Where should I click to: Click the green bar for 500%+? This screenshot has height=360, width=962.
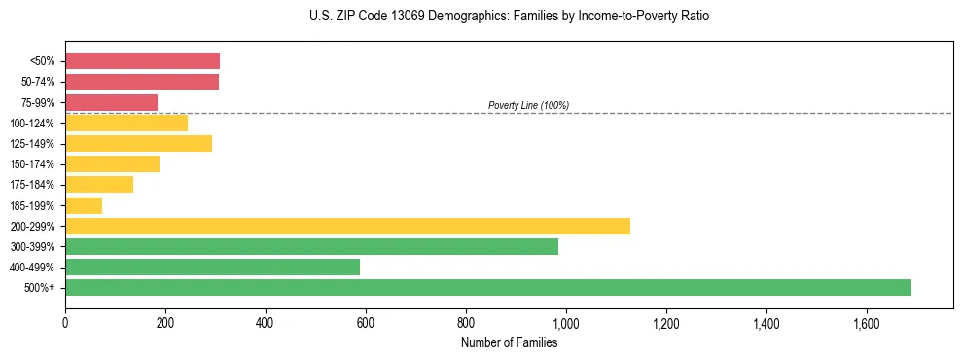(x=487, y=287)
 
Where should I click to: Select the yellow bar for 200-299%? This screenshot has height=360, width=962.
(x=347, y=226)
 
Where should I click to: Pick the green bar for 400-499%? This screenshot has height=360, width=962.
(x=212, y=267)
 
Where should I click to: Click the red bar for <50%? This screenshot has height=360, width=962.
(x=142, y=61)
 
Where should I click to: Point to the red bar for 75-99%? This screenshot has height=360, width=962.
(x=111, y=102)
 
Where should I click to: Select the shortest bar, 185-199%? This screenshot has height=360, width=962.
(x=84, y=205)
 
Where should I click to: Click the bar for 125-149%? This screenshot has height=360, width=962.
(x=138, y=144)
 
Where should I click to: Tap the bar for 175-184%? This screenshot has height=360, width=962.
(x=99, y=185)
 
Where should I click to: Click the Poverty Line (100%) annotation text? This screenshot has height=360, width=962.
(x=528, y=105)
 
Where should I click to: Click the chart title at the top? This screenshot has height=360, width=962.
(x=509, y=17)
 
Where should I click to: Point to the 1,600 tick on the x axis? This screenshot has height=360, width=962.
(x=866, y=321)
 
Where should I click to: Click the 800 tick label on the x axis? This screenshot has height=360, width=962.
(x=466, y=321)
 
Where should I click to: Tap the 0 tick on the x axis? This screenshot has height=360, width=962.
(x=65, y=321)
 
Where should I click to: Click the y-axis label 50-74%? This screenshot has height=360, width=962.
(x=38, y=82)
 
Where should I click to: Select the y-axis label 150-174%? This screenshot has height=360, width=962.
(x=34, y=164)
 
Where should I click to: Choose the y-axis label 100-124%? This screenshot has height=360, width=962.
(x=34, y=124)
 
